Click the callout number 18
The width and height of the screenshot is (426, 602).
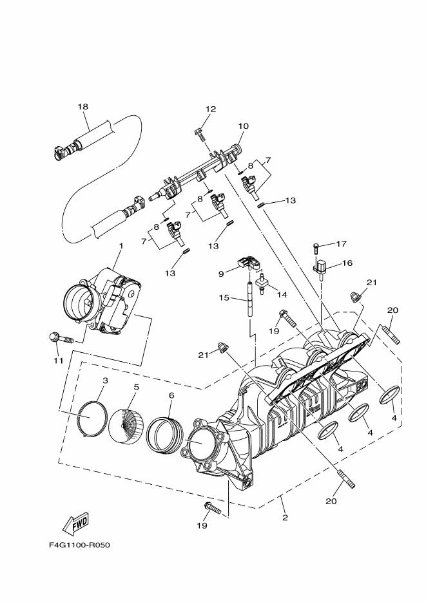pos(82,106)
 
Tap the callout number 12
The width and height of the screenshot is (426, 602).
pos(211,109)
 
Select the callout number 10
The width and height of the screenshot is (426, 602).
pos(243,126)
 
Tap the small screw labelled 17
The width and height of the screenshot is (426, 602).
pos(316,247)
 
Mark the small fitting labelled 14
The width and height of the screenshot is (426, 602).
pos(262,283)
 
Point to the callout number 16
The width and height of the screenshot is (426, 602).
pos(347,263)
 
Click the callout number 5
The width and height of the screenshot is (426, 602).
pos(136,387)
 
